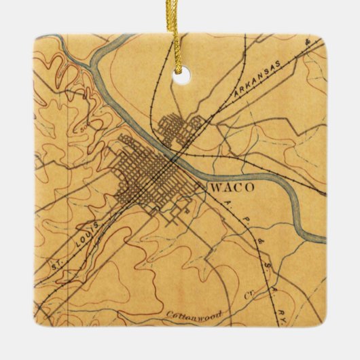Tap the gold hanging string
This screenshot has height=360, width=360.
click(178, 34)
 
